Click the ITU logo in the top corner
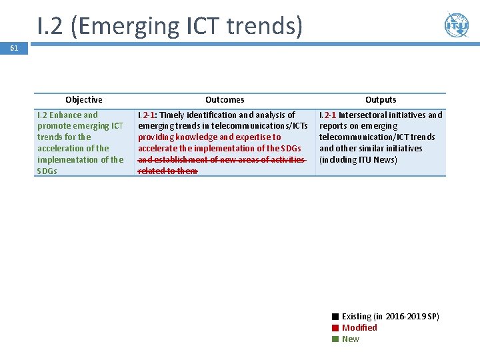coord(457,25)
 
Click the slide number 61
coord(13,48)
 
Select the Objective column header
coord(84,100)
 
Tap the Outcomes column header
coord(225,100)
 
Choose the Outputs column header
coord(381,100)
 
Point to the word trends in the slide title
coord(265,26)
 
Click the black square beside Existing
coord(336,317)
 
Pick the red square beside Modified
coord(336,328)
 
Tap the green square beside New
coord(336,339)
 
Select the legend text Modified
coord(359,328)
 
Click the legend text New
coord(350,339)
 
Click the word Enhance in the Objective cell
coord(65,115)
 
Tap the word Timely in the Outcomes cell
coord(173,115)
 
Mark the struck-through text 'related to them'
coord(167,171)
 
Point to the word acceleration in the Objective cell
coord(61,148)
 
